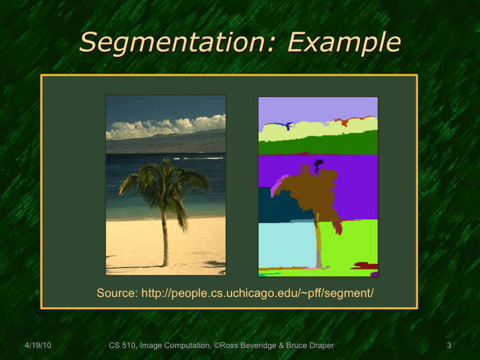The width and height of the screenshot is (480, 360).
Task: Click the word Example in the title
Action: coord(344,42)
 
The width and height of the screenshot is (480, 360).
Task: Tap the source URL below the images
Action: coord(258,293)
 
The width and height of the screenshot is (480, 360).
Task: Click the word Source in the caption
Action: coord(116,293)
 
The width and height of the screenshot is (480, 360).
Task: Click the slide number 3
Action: coord(449,345)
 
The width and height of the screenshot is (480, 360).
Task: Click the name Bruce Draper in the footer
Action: coord(311,345)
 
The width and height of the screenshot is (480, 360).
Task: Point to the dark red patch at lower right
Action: coord(365,265)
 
